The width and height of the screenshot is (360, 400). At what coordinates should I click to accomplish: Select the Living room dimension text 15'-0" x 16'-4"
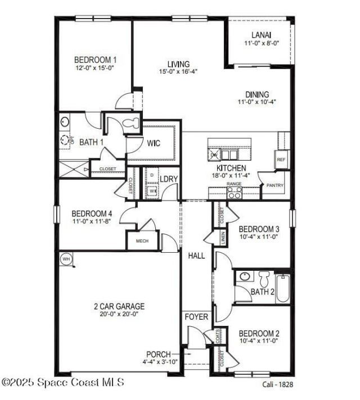click(x=178, y=71)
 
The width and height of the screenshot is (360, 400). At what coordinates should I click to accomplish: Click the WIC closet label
click(x=154, y=143)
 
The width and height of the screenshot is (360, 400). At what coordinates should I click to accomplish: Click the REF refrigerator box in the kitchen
click(x=281, y=160)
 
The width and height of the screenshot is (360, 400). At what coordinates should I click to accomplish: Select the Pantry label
click(x=275, y=185)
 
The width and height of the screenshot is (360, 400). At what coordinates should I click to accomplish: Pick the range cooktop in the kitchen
click(x=234, y=192)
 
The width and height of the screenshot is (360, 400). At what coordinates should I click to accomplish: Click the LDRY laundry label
click(x=169, y=179)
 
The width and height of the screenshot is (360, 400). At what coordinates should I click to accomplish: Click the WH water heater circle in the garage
click(x=66, y=259)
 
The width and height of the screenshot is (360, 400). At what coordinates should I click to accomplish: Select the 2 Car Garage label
click(x=119, y=306)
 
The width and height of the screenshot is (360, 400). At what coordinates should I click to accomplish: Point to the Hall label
click(x=196, y=256)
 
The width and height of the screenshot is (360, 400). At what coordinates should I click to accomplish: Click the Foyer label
click(x=196, y=317)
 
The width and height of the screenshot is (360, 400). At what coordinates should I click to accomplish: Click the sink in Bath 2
click(x=244, y=276)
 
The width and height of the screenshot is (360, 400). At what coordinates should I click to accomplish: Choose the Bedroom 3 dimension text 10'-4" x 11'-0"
click(x=259, y=238)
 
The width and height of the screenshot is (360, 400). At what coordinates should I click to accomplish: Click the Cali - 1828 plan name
click(x=277, y=384)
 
